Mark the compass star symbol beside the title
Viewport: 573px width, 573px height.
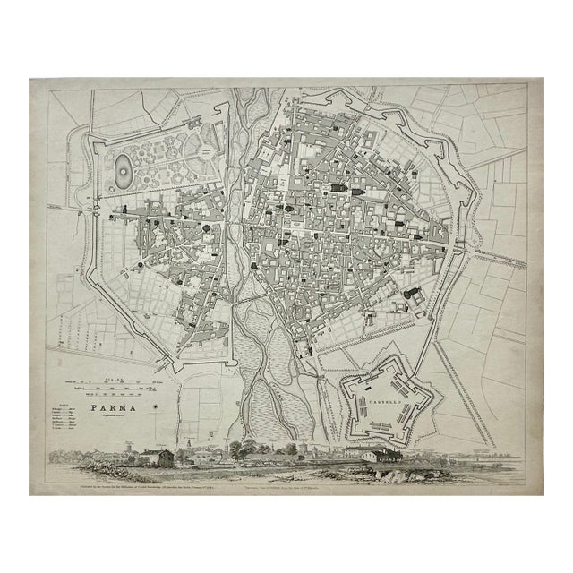(x=158, y=409)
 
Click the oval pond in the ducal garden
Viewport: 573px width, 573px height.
(x=121, y=166)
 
